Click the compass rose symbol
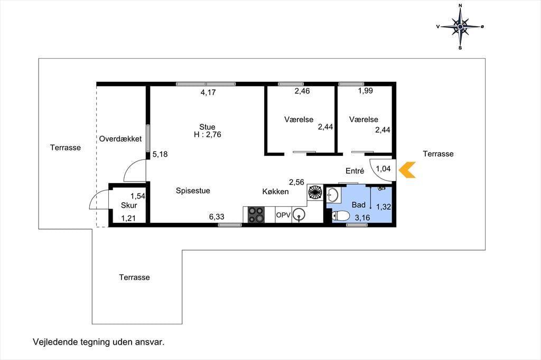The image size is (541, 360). coord(460,26)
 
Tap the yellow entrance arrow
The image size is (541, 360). coord(407,170)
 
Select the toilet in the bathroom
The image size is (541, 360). coord(341,216)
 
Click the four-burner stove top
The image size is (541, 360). coord(256,214)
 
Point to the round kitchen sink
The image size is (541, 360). coord(299,214)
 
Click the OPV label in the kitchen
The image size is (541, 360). coord(283,215)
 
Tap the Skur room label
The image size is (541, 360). coord(129,205)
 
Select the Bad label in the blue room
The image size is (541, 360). coord(359,205)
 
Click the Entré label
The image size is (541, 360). coord(355,170)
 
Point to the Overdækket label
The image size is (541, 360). coord(120,139)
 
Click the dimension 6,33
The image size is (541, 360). coord(217,216)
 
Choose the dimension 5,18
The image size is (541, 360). coord(160,154)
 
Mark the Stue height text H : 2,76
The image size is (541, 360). coord(207,135)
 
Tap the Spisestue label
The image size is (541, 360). coord(193,191)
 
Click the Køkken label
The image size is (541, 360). coord(275,192)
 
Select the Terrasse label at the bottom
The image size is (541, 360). coord(135,277)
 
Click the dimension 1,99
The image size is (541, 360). coord(366,91)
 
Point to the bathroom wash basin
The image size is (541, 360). coord(333,195)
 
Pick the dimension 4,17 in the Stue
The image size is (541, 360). coord(208,92)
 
